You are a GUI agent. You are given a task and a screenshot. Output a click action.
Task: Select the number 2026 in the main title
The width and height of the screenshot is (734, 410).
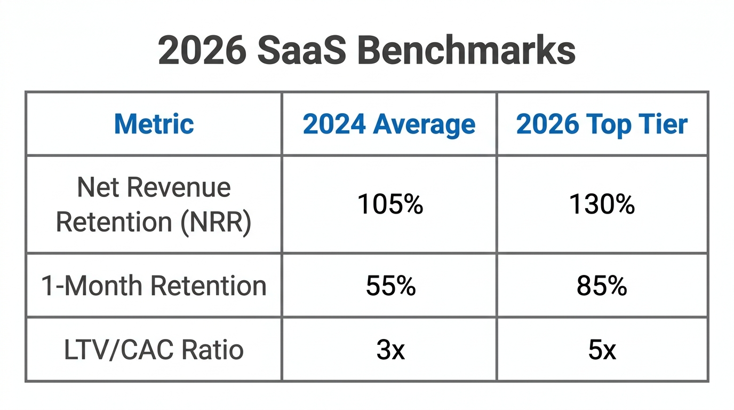click(203, 51)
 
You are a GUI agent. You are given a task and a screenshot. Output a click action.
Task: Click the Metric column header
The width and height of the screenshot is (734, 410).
click(154, 124)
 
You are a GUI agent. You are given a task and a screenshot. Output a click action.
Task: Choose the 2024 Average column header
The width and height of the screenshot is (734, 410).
click(389, 124)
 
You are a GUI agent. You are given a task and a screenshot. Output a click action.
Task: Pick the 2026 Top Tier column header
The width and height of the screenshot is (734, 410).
click(602, 124)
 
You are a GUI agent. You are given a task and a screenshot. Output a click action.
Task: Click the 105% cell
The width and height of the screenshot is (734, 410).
click(390, 204)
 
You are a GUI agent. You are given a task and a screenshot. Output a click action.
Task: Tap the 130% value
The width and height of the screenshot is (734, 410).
click(602, 204)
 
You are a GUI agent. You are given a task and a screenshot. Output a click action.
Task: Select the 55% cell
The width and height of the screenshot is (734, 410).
click(390, 286)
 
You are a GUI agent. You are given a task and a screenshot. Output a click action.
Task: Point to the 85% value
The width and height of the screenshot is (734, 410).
click(602, 286)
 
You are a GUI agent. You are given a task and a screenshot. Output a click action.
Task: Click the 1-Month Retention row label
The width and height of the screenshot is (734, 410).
click(154, 286)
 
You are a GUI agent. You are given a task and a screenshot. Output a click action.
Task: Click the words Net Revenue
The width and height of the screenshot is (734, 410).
click(154, 188)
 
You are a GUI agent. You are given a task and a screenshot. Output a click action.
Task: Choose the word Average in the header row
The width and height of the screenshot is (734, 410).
click(424, 124)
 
